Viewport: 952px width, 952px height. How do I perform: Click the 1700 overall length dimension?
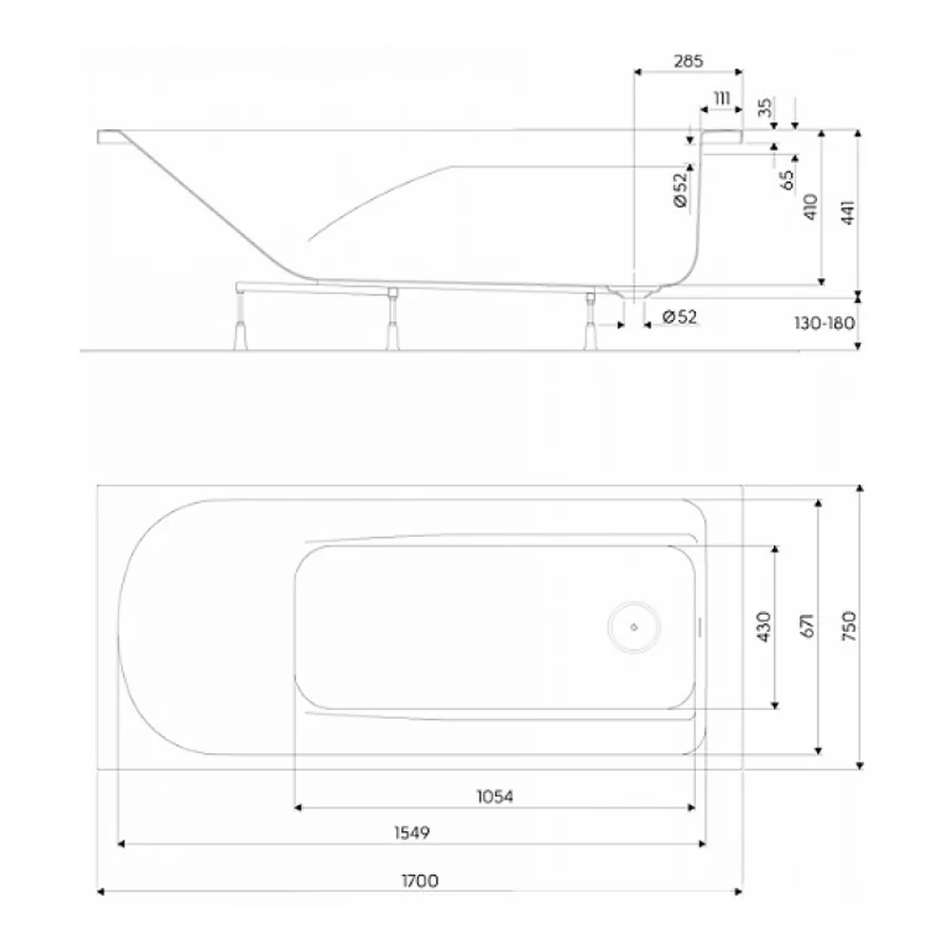(x=420, y=881)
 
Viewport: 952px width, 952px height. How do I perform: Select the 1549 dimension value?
(x=412, y=832)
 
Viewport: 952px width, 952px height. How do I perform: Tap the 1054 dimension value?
(x=495, y=796)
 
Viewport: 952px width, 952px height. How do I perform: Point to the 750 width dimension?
(x=849, y=626)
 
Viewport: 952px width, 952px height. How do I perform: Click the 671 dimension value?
(x=808, y=626)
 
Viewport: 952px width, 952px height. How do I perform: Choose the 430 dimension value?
(x=764, y=626)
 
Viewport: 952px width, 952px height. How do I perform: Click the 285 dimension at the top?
(x=688, y=61)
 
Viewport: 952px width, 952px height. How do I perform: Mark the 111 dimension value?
(x=722, y=98)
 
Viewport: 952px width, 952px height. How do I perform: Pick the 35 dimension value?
(x=766, y=108)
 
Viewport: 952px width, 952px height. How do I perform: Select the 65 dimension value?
(x=787, y=180)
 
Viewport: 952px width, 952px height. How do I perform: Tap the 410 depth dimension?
(x=810, y=207)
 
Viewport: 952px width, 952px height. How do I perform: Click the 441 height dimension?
(x=848, y=212)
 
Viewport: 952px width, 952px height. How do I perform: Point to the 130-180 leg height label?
(x=824, y=323)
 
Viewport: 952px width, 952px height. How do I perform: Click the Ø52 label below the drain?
(x=680, y=316)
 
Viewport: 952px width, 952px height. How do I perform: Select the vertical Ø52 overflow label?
(x=682, y=190)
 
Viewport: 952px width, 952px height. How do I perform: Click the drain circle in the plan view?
(x=634, y=627)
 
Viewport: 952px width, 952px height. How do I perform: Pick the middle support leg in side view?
(x=393, y=319)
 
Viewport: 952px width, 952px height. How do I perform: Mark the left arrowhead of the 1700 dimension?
(x=102, y=892)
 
